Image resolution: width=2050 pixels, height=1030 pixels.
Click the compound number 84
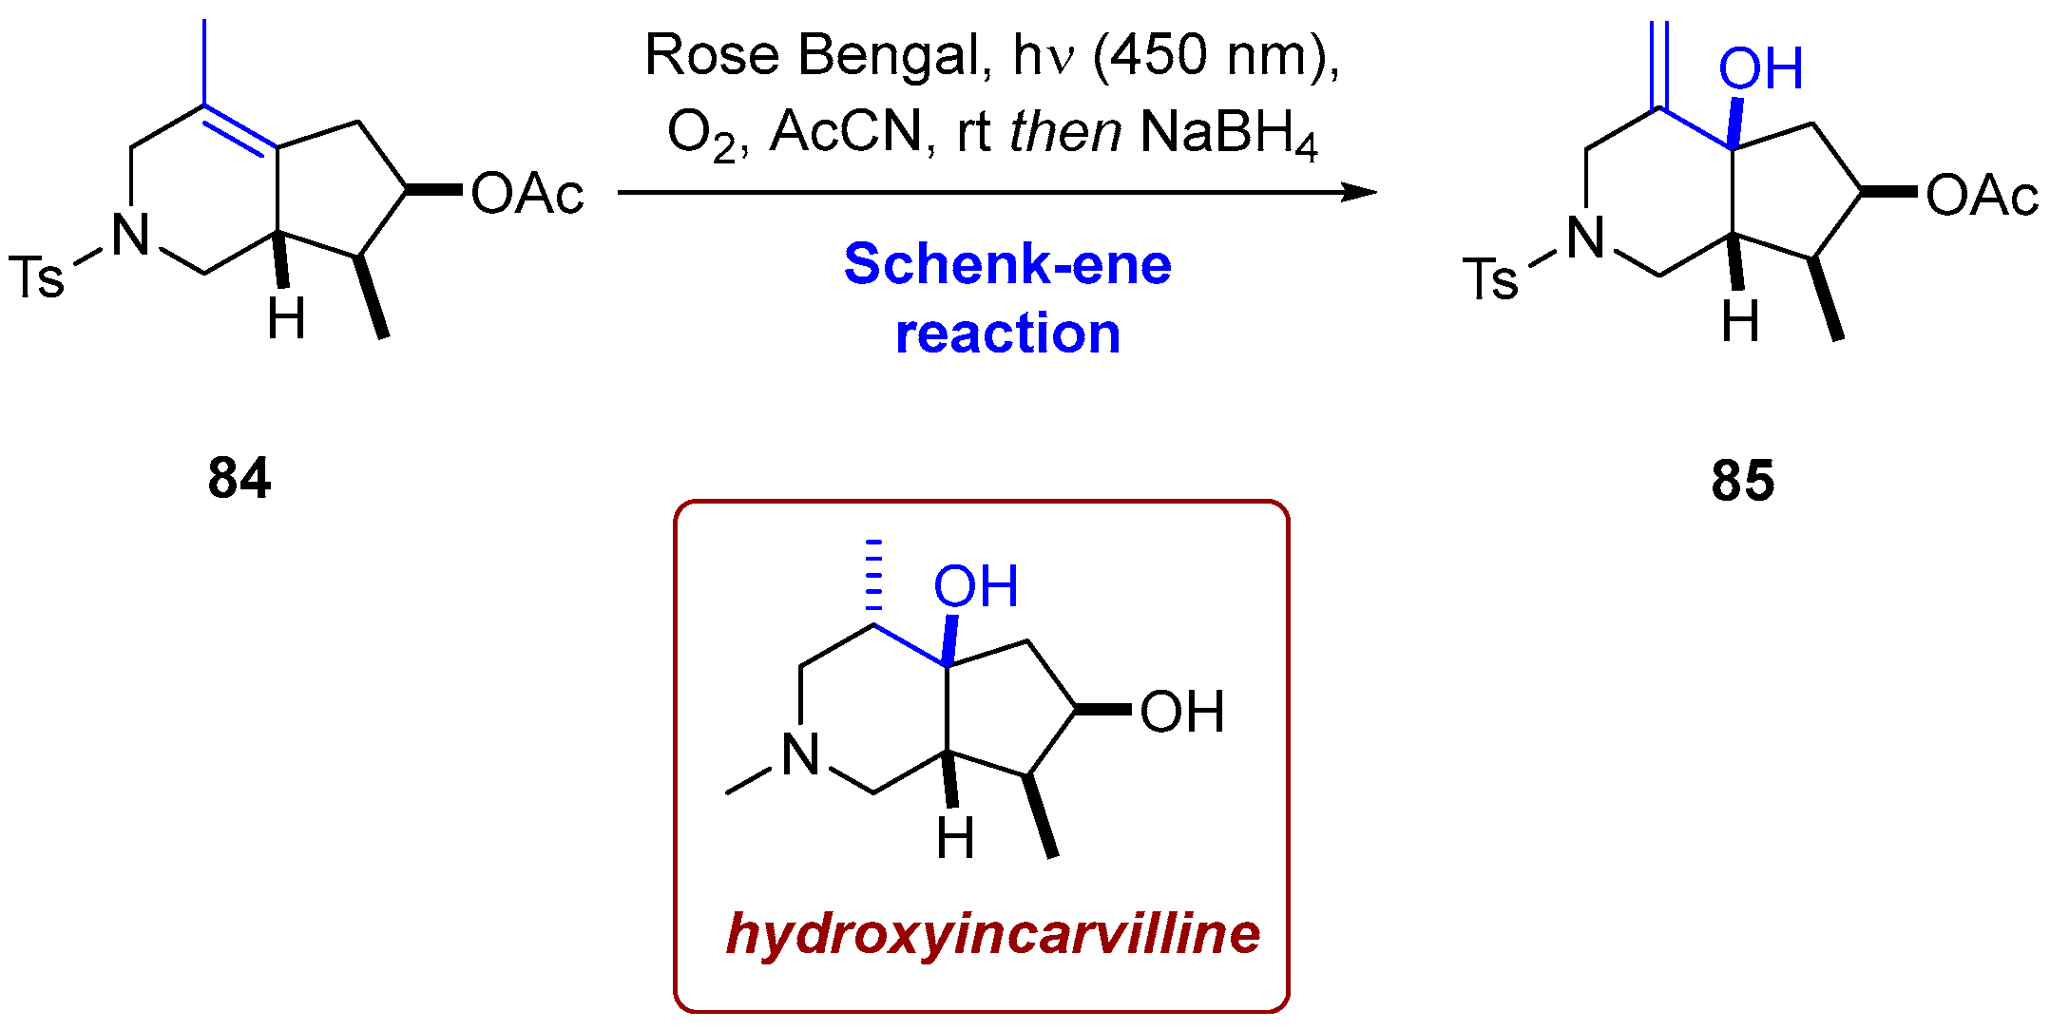pos(239,478)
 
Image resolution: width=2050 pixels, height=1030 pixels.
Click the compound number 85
pos(1742,481)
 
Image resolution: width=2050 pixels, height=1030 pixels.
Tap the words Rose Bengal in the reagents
pos(812,55)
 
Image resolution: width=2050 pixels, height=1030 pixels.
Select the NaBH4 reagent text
pos(1228,133)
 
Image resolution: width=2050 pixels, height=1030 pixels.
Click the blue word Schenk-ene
pos(1007,264)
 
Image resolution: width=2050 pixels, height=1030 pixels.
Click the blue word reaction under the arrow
pos(1007,334)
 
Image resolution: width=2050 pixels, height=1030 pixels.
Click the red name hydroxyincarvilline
pos(992,933)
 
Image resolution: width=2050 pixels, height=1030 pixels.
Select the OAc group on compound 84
pos(527,195)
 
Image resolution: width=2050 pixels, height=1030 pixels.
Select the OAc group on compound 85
pos(1982,197)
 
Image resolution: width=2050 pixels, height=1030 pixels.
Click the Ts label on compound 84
pos(36,277)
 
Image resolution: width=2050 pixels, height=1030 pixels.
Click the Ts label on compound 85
pos(1490,279)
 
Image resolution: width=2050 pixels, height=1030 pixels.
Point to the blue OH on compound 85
pos(1760,69)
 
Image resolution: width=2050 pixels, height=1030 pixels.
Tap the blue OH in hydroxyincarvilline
pos(975,586)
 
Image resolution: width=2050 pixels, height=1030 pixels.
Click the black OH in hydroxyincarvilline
pos(1181,713)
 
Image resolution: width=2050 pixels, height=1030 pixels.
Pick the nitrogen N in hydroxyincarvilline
pos(800,756)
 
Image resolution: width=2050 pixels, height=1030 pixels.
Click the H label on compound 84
pos(286,318)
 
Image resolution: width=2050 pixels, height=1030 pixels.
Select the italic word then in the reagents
pos(1064,133)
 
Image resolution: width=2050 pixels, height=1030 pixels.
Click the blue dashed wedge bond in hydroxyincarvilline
pos(873,575)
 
